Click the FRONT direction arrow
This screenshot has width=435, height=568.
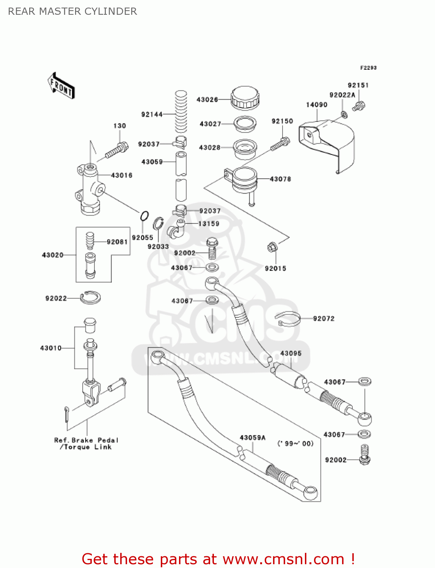(61, 86)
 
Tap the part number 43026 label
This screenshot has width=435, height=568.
(207, 100)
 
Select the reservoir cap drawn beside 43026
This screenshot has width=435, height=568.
(245, 98)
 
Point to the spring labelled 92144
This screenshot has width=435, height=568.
(181, 112)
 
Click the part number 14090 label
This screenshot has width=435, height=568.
(317, 105)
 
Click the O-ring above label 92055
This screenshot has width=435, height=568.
(144, 217)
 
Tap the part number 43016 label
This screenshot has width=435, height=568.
(121, 175)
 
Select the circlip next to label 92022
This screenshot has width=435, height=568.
(90, 298)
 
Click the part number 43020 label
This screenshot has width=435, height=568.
(53, 255)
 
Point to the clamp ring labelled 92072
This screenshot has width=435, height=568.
(288, 318)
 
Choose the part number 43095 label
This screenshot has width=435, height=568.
(291, 353)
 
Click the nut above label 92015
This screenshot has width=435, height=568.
(272, 248)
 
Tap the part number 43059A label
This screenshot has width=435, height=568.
(253, 438)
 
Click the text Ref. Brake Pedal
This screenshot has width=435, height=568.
(86, 440)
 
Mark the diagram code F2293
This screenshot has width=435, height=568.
(368, 68)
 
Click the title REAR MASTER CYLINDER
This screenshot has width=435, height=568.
(72, 11)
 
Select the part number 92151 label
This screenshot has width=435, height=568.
(358, 85)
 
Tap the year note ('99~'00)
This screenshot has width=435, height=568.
(295, 443)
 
